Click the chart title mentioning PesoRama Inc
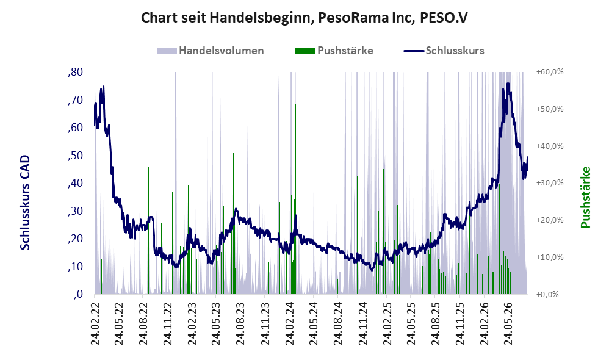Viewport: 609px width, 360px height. tap(304, 18)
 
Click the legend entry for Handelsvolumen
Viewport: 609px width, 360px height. tap(211, 51)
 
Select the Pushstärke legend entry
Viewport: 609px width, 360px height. tap(334, 51)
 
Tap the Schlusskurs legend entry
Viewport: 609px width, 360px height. tap(444, 51)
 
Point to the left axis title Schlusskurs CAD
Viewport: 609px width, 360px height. tap(25, 203)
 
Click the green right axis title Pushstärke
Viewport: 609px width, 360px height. tap(585, 197)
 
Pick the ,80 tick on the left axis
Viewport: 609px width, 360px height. tap(75, 72)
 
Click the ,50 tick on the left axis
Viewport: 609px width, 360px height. tap(75, 156)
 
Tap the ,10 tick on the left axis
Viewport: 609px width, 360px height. tap(75, 267)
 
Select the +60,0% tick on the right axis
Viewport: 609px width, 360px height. tap(550, 72)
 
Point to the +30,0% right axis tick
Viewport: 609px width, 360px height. tap(550, 183)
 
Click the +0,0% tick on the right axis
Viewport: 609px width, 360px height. tap(547, 294)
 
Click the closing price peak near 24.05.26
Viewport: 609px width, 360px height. tap(508, 84)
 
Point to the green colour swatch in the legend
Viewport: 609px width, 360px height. tap(305, 51)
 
